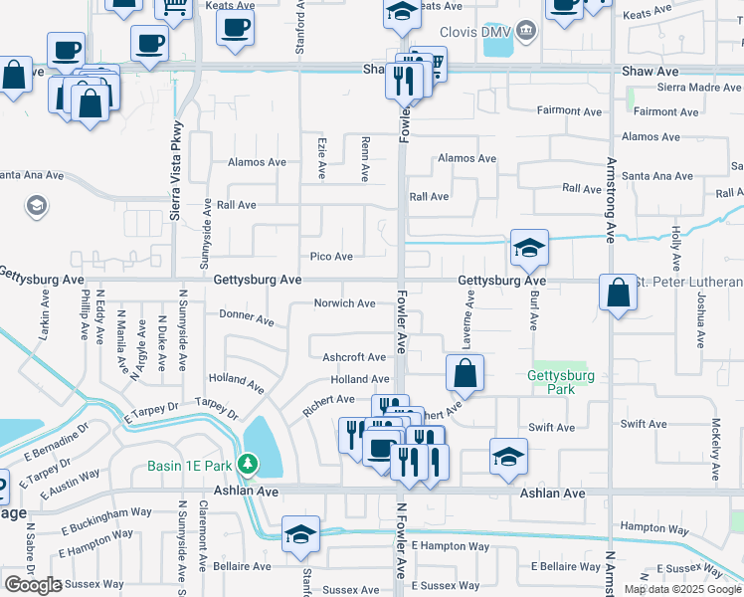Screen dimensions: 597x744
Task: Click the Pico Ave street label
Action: tap(331, 257)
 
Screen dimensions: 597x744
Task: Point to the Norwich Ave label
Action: tap(344, 303)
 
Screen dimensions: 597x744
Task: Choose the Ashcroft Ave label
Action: tap(354, 357)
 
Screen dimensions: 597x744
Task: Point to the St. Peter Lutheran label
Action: tap(686, 282)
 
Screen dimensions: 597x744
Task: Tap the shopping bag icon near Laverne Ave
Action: tap(465, 374)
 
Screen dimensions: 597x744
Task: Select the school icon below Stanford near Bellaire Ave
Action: tap(300, 534)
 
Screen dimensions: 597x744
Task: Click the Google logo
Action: tap(32, 585)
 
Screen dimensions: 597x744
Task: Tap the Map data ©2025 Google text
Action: tap(681, 589)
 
